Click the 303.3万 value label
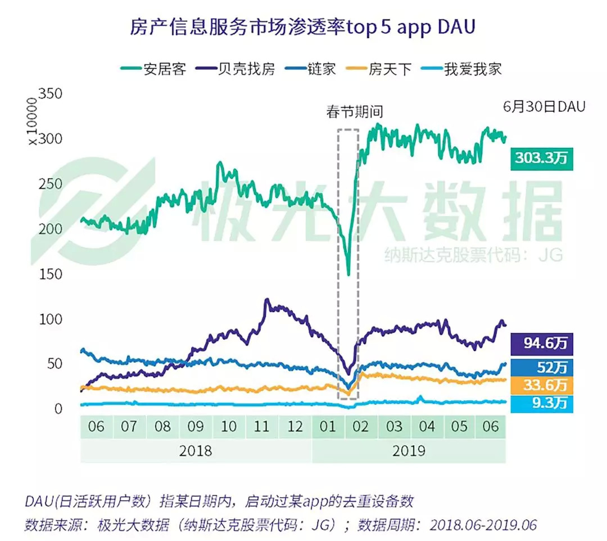542,158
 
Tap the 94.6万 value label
542,342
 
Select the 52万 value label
542,367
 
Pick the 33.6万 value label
542,386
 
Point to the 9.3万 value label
542,403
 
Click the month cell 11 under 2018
261,426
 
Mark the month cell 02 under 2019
360,426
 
